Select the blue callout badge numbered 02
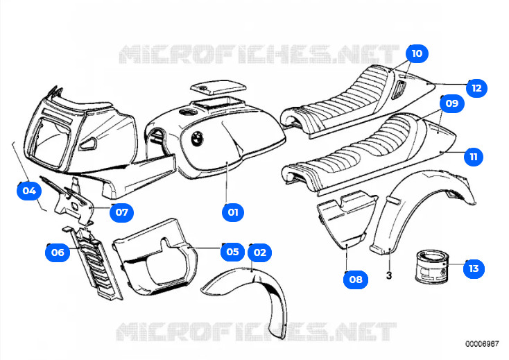[x=259, y=252]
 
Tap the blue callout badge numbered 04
[x=28, y=190]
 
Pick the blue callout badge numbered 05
[x=232, y=252]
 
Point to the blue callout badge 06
[x=58, y=252]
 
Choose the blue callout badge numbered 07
[x=121, y=212]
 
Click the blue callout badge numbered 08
[x=355, y=280]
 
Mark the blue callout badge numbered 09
[x=452, y=103]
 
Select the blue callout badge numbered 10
[x=417, y=53]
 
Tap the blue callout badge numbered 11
[x=474, y=157]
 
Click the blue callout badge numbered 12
[x=476, y=88]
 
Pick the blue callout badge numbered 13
[x=474, y=268]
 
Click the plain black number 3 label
[x=389, y=276]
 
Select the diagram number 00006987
[x=481, y=343]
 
